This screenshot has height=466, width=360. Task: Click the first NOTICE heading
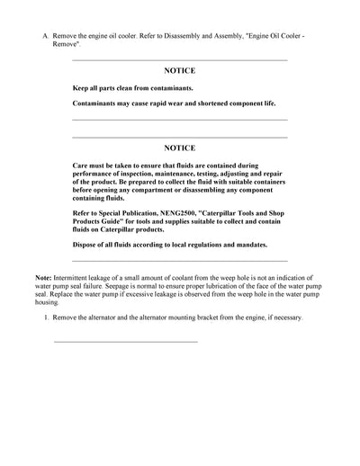[179, 69]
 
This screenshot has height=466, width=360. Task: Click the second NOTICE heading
[179, 146]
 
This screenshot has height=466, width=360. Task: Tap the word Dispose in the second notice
[85, 245]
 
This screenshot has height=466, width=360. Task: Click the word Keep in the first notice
[81, 89]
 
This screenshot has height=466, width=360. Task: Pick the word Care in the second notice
[81, 166]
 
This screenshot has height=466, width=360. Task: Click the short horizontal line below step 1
[125, 342]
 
